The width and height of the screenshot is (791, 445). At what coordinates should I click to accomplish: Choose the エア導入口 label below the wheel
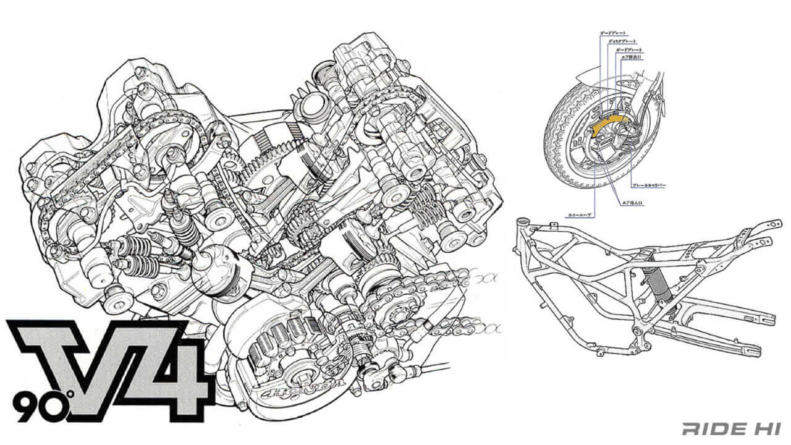coord(632,202)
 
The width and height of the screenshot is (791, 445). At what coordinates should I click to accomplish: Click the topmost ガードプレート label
coord(612,32)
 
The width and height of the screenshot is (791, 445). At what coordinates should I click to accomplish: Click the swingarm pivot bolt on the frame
coord(637,329)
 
